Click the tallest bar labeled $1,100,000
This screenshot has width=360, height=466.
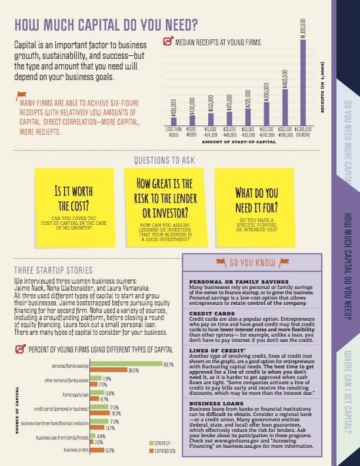[x=304, y=82]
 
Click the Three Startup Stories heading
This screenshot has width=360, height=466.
[x=53, y=270]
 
